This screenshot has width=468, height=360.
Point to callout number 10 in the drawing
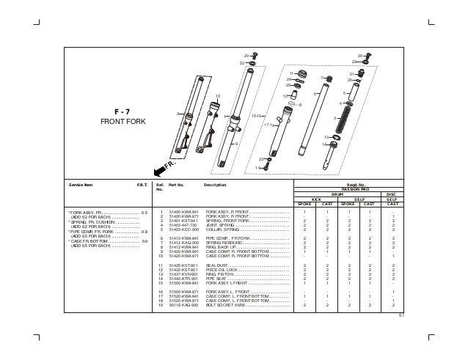(217, 96)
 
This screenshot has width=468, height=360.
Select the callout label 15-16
(257, 116)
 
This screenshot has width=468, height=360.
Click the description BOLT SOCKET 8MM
(228, 306)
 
